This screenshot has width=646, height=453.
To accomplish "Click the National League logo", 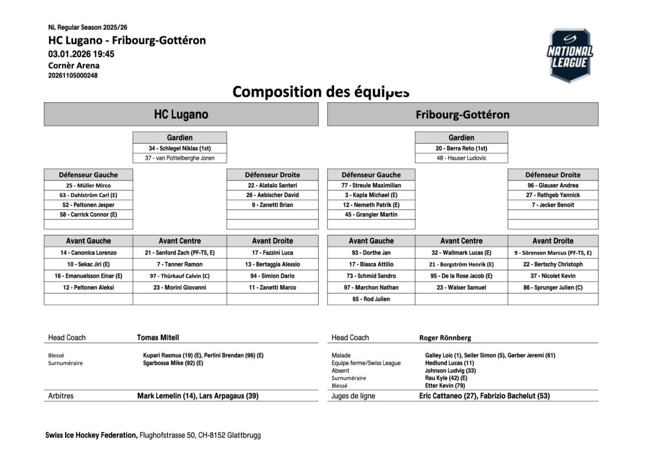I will pyautogui.click(x=570, y=56).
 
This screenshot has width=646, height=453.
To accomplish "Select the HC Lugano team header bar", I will pyautogui.click(x=181, y=115).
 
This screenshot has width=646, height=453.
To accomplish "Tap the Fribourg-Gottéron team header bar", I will pyautogui.click(x=462, y=115).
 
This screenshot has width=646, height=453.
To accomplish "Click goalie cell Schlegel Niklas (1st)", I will pyautogui.click(x=180, y=148).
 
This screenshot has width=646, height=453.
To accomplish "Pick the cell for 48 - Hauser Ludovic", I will pyautogui.click(x=461, y=158).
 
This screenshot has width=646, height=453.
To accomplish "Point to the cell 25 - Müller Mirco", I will pyautogui.click(x=88, y=185).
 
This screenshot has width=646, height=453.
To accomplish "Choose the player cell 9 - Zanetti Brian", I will pyautogui.click(x=272, y=205).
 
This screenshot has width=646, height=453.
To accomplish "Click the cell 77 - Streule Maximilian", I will pyautogui.click(x=371, y=185).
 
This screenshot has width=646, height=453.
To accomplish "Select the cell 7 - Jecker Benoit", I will pyautogui.click(x=552, y=205).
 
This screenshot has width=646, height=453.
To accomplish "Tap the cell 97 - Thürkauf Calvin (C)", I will pyautogui.click(x=180, y=276).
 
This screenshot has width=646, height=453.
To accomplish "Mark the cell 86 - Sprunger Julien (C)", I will pyautogui.click(x=552, y=288).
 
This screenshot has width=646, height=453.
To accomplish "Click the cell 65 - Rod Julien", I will pyautogui.click(x=371, y=299).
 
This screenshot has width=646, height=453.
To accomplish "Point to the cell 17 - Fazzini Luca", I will pyautogui.click(x=272, y=253).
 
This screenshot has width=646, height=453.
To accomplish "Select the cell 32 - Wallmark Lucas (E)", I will pyautogui.click(x=461, y=253).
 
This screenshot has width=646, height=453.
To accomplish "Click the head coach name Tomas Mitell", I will pyautogui.click(x=158, y=338).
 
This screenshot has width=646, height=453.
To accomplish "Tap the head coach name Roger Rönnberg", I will pyautogui.click(x=445, y=338).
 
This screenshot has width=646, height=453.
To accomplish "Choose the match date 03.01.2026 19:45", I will pyautogui.click(x=81, y=54).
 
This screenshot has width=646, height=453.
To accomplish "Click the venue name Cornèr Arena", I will pyautogui.click(x=74, y=66).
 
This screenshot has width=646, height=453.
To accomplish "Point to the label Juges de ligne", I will pyautogui.click(x=353, y=396).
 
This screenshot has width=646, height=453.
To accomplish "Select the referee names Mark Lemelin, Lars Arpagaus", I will pyautogui.click(x=198, y=396).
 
